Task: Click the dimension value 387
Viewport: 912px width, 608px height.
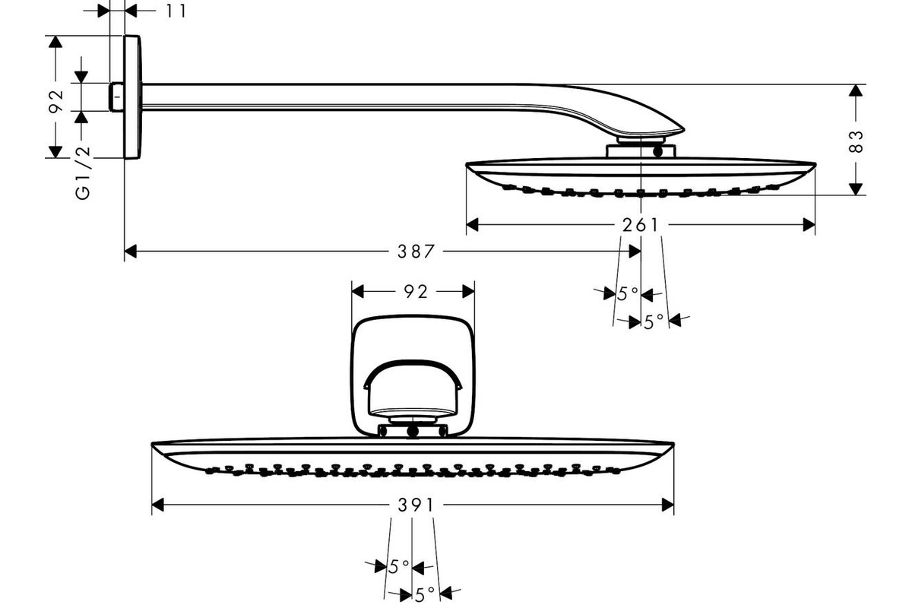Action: tap(416, 252)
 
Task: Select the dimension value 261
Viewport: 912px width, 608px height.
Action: tap(640, 225)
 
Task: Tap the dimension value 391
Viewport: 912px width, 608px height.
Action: tap(416, 505)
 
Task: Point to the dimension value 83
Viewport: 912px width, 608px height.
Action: tap(856, 141)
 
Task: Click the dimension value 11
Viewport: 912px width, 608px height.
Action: tap(176, 11)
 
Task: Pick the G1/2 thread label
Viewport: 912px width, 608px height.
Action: tap(83, 173)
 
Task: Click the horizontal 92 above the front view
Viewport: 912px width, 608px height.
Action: tap(416, 292)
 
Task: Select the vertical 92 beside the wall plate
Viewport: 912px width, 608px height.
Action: tap(55, 101)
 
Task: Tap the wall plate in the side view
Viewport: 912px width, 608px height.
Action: tap(132, 97)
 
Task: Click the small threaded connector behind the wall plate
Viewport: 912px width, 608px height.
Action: tap(117, 97)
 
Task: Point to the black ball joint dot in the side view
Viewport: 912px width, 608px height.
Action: tap(658, 152)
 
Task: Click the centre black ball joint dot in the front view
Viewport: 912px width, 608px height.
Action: tap(413, 432)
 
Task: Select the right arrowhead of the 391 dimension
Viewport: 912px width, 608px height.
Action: tap(668, 505)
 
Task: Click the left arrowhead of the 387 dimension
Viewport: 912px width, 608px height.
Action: tap(130, 252)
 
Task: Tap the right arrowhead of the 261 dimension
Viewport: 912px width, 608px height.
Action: tap(809, 225)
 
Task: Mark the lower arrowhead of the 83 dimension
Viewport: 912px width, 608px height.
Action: tap(856, 189)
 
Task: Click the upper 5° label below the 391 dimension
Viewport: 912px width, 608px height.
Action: tap(398, 567)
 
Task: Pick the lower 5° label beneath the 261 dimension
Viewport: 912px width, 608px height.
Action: tap(654, 321)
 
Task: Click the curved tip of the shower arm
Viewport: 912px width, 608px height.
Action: tap(681, 130)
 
